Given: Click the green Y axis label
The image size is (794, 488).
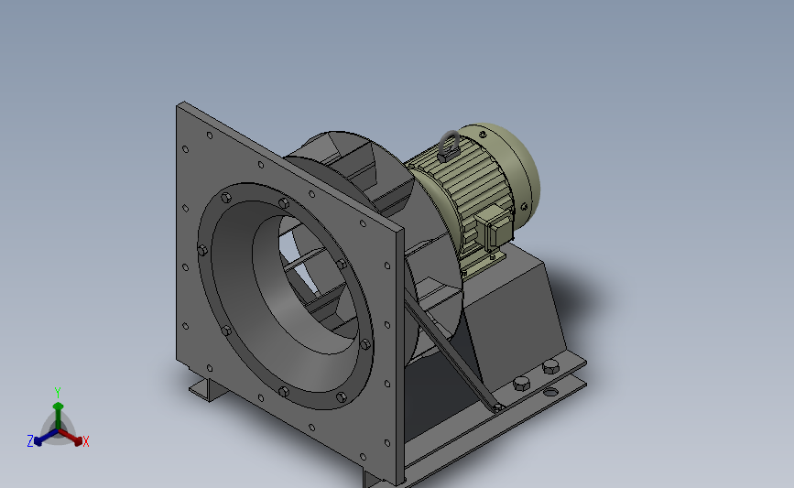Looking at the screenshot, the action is (x=58, y=393).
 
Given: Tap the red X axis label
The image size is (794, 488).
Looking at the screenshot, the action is (x=85, y=441).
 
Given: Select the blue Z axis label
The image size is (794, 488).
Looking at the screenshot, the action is (x=30, y=441).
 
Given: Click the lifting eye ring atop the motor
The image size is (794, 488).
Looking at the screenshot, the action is (x=449, y=142).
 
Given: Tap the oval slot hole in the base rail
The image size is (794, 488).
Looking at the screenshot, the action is (x=550, y=392).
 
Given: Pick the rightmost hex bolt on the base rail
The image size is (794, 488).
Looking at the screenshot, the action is (x=550, y=366).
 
